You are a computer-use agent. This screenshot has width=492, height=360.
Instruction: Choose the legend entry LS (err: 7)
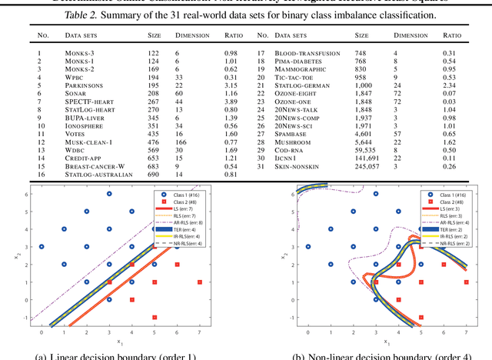tap(182, 208)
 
